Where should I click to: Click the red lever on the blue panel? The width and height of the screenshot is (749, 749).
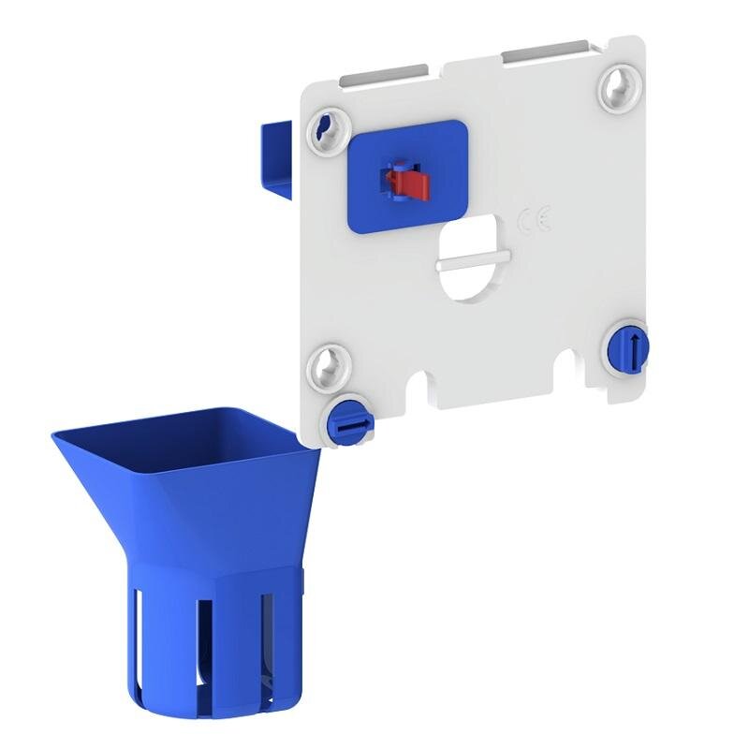click(x=409, y=184)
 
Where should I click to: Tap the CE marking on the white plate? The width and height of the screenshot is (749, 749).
click(x=535, y=219)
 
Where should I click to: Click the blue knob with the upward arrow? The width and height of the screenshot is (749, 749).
click(x=628, y=346)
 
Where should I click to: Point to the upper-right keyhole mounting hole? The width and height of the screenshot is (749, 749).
click(x=621, y=87)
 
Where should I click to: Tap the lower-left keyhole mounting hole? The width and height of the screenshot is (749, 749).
click(x=330, y=367)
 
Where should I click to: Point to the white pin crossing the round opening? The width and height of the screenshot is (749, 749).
click(x=474, y=261)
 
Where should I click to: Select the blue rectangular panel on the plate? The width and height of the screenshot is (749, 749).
click(x=407, y=177)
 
